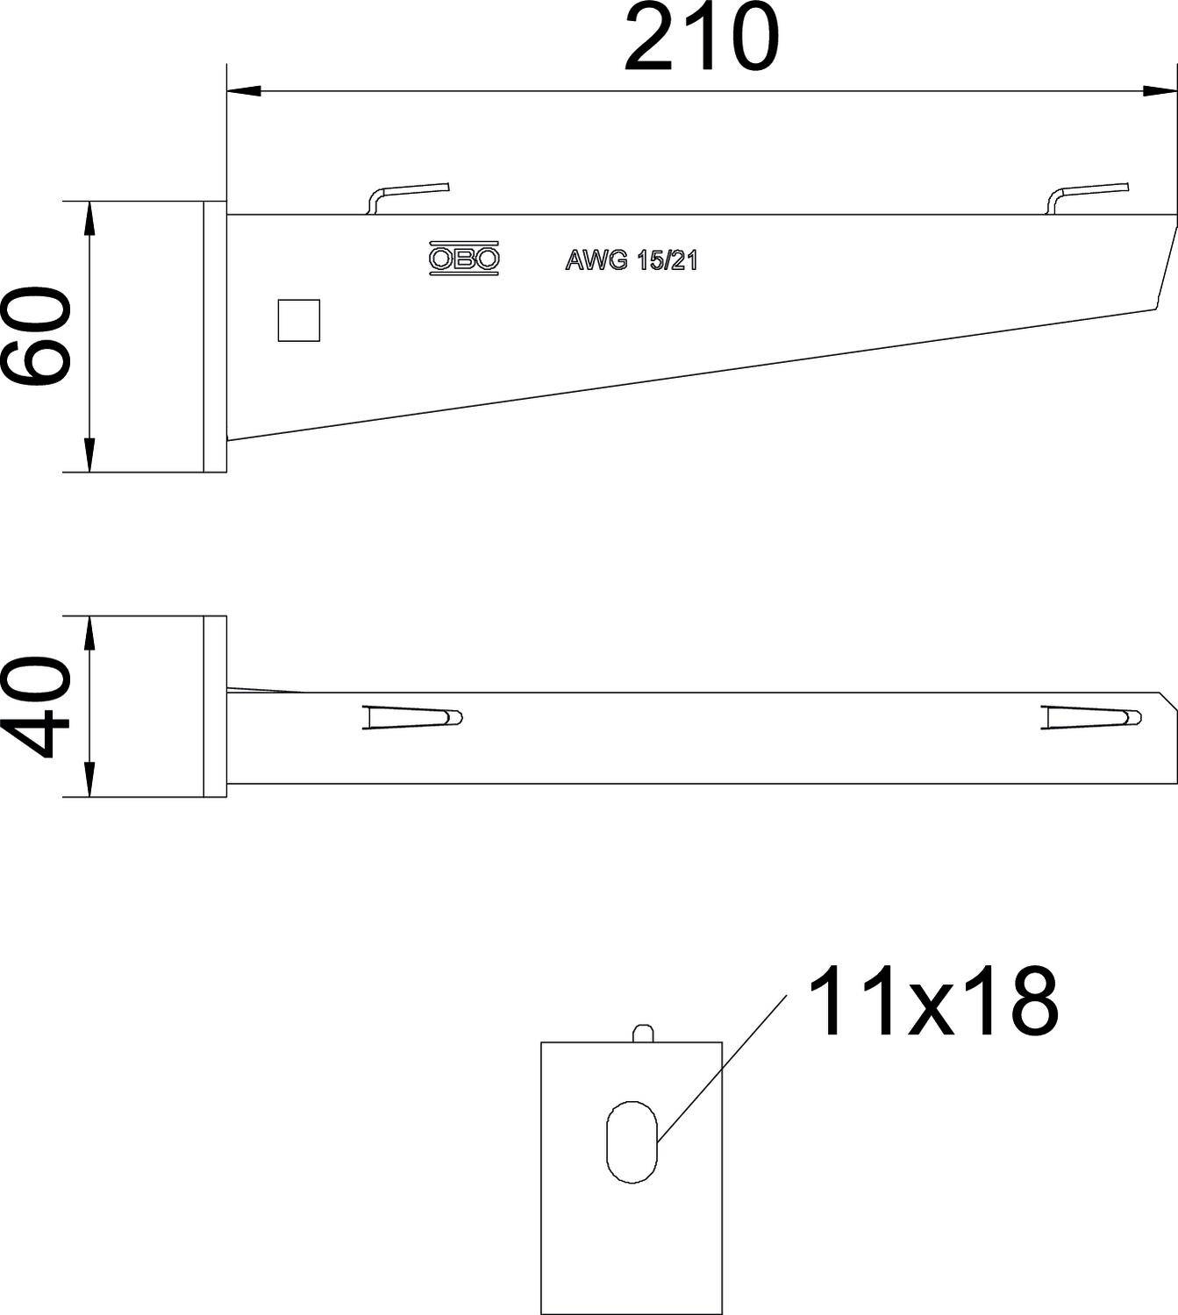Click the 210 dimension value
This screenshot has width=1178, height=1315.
click(x=701, y=39)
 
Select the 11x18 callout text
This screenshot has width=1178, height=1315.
click(x=932, y=1002)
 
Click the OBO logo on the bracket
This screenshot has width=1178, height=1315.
click(x=464, y=259)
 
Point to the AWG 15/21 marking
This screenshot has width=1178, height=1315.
click(x=631, y=260)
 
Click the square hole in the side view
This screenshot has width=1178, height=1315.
click(x=298, y=320)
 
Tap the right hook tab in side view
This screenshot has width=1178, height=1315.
click(x=1089, y=195)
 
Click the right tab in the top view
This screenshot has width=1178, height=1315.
click(x=1092, y=717)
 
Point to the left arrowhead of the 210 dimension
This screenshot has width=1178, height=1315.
click(x=241, y=90)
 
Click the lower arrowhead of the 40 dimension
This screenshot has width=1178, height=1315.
click(x=89, y=780)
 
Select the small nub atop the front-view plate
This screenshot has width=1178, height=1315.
click(x=643, y=1033)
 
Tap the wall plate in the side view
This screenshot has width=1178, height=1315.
click(x=215, y=337)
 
